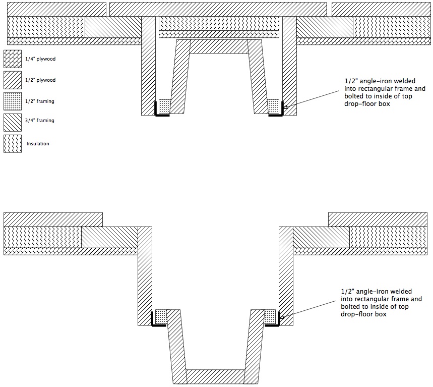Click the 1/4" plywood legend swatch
pos(13,59)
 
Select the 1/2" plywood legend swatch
pos(13,80)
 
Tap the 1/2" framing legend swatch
pos(13,101)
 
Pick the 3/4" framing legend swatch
pos(13,123)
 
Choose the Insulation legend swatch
pos(13,144)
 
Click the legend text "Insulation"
pos(38,144)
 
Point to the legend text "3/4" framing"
pos(40,121)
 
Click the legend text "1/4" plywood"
pos(40,59)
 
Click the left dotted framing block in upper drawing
pos(165,106)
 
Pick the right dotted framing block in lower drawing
pos(270,316)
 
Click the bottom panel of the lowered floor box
pos(215,376)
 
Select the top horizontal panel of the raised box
pos(219,47)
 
